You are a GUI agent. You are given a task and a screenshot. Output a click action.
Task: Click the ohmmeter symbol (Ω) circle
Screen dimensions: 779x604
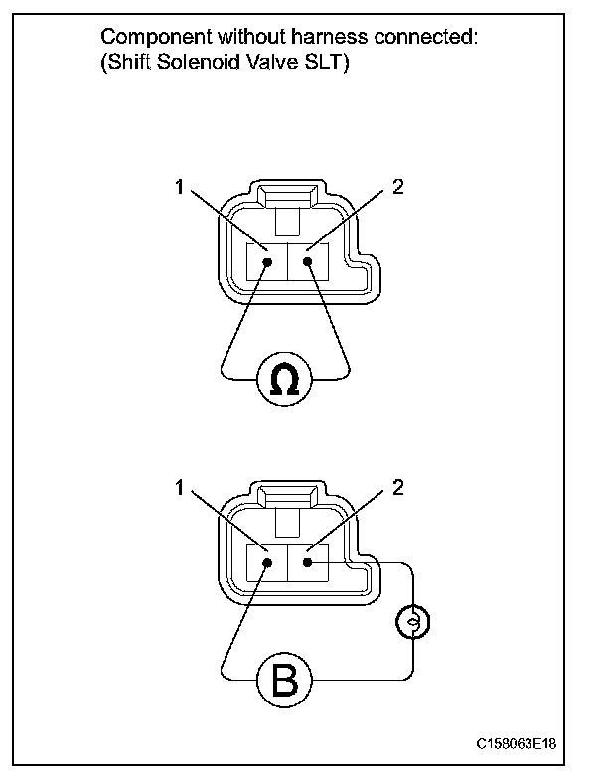285,379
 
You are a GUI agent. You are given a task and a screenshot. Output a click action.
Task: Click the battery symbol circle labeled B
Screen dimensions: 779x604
284,681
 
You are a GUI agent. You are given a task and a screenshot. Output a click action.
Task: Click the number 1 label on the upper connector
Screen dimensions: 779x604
180,186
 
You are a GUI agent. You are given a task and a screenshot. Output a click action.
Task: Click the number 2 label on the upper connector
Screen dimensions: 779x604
397,186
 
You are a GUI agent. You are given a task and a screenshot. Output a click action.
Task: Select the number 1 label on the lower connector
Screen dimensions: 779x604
180,488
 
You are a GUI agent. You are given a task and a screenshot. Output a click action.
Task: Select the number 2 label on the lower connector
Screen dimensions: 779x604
397,488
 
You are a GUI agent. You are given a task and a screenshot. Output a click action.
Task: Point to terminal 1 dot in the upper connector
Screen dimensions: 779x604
268,262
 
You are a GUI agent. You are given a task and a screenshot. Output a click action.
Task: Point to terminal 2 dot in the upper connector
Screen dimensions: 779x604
309,262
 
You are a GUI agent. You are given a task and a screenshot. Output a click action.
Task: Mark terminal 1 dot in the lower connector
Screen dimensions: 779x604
268,563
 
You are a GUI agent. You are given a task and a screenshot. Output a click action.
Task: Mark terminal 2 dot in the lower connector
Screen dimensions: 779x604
309,563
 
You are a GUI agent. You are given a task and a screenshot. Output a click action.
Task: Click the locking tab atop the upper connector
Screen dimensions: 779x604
287,195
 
